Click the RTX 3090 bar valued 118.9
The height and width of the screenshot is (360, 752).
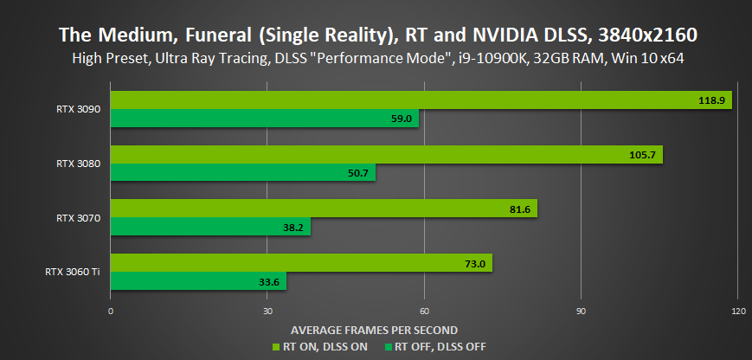421,100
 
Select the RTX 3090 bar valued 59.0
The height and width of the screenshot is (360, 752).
265,119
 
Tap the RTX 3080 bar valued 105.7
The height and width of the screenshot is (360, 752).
386,154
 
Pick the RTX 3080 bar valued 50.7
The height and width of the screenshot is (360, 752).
243,173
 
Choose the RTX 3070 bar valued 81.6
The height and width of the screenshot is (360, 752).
324,209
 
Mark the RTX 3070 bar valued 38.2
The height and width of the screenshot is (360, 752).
210,228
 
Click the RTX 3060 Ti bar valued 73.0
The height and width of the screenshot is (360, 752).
301,263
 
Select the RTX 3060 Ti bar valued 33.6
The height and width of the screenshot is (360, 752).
198,281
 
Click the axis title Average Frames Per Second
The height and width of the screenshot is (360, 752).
374,330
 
